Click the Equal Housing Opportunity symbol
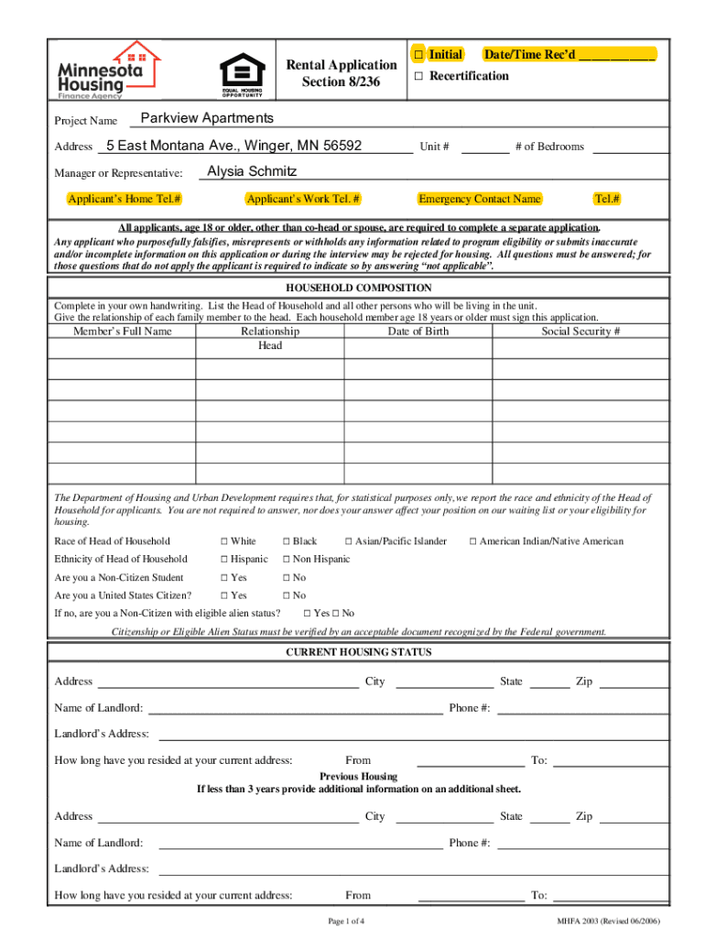click(247, 75)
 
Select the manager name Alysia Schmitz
click(252, 171)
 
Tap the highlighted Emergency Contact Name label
click(479, 199)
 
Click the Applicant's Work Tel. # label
click(303, 199)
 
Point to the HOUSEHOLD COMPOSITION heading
click(358, 288)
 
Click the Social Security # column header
click(580, 331)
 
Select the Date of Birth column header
click(418, 331)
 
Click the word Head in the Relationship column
click(270, 345)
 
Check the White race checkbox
click(223, 541)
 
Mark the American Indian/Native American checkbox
click(473, 541)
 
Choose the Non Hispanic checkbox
click(286, 559)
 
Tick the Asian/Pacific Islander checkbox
click(348, 541)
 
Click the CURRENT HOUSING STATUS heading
click(358, 652)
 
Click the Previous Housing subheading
click(358, 776)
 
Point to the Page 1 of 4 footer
click(347, 921)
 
